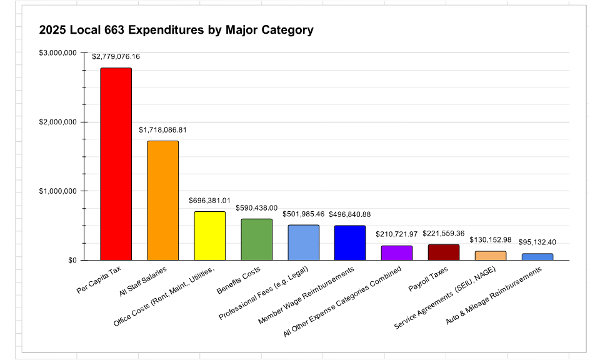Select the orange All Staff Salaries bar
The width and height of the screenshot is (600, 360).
[x=162, y=200]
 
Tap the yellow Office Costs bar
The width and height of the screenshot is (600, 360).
[x=209, y=236]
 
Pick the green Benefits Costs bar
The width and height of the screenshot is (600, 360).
[x=256, y=239]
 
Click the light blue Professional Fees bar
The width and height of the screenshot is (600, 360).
[x=303, y=242]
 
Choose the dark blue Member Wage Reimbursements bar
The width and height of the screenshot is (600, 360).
[x=350, y=242]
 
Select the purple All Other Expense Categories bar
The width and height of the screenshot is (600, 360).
[x=397, y=252]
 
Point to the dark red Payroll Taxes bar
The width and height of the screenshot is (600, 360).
[x=444, y=252]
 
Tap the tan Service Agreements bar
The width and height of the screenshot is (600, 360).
[x=491, y=255]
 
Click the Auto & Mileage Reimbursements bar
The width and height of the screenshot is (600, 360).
[x=537, y=256]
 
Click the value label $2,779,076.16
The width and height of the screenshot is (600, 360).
[x=116, y=57]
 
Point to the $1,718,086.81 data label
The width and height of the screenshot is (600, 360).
[x=162, y=130]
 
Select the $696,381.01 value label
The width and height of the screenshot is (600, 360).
[x=209, y=201]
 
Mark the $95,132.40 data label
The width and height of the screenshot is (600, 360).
[x=537, y=242]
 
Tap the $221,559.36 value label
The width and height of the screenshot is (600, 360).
[x=444, y=233]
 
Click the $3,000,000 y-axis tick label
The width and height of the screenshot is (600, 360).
[x=57, y=53]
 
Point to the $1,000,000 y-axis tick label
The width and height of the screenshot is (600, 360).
[x=57, y=191]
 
